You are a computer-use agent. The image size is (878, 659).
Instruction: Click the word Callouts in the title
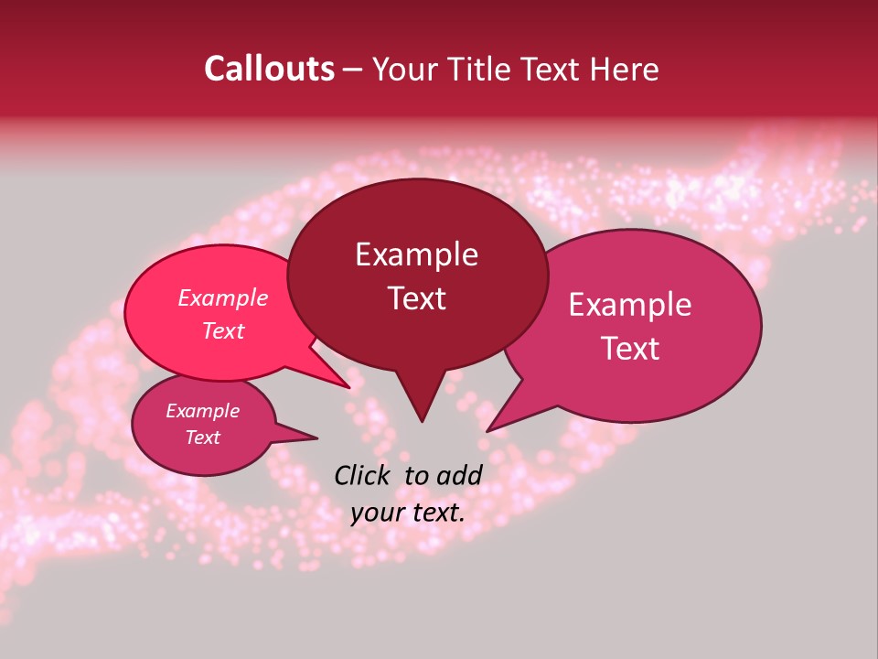[269, 69]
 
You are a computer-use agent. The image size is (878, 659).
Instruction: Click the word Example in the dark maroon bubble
[416, 254]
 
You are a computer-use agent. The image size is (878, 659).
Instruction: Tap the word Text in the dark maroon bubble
[416, 298]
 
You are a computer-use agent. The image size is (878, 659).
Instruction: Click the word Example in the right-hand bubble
[630, 305]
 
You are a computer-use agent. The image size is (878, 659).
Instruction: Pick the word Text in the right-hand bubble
[630, 349]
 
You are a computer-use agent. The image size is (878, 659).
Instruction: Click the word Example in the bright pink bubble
[223, 297]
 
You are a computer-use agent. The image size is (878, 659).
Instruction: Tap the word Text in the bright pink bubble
[223, 330]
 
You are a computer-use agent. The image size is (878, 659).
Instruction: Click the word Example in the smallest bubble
[203, 411]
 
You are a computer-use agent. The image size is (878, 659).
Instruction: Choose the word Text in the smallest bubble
[203, 438]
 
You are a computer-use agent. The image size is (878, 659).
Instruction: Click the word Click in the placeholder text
[365, 475]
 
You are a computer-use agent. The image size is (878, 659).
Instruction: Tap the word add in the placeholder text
[459, 475]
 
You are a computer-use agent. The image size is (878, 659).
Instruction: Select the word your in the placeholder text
[378, 513]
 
